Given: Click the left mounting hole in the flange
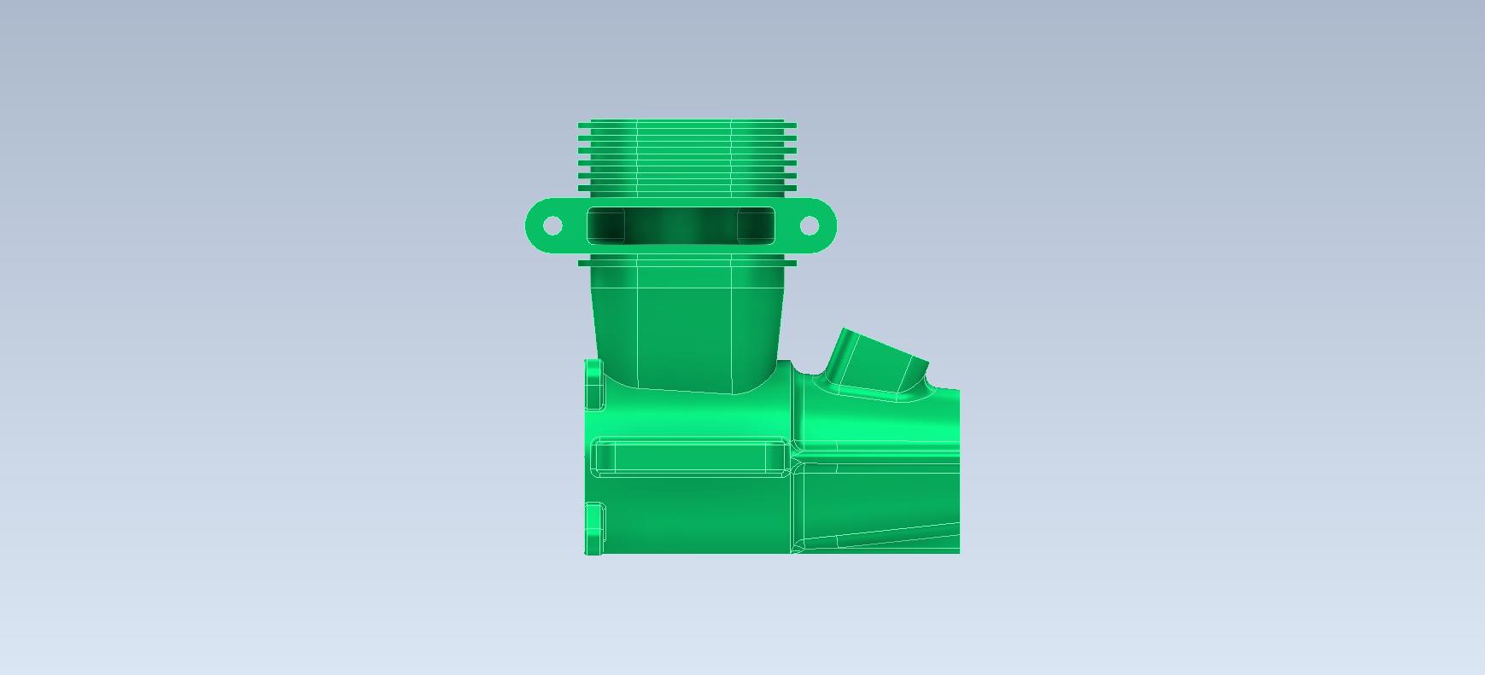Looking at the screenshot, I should [x=552, y=225].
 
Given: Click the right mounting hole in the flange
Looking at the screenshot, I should [x=809, y=225].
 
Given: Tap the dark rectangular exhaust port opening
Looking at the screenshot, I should [x=681, y=225].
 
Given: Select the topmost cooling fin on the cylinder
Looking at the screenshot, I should [x=687, y=122].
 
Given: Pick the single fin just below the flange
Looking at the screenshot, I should [x=687, y=263].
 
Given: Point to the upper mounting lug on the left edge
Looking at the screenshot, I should [x=593, y=384].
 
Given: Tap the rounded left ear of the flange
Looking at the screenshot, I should [x=536, y=226].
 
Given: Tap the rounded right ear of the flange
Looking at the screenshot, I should [x=826, y=226].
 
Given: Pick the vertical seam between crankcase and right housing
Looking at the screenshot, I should [x=793, y=478].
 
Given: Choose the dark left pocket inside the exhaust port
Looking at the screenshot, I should [x=606, y=225].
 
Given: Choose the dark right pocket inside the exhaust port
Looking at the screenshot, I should [x=755, y=225].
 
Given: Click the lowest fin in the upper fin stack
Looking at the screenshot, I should [x=687, y=189].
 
